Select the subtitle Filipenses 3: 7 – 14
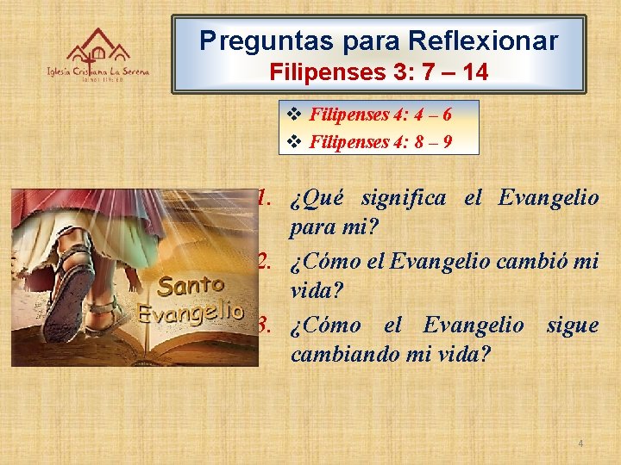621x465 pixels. (379, 73)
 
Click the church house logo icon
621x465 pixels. (98, 46)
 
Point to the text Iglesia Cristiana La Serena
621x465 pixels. (97, 73)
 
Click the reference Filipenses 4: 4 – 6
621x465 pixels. (380, 114)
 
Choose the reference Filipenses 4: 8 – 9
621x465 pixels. (380, 141)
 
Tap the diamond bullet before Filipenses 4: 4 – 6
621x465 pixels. (292, 114)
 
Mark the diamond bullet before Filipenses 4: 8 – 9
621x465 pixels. (292, 141)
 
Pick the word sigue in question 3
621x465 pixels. (572, 325)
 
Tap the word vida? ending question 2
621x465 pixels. (317, 291)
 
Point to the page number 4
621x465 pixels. (580, 443)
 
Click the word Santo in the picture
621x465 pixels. (191, 285)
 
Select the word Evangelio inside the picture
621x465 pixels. (190, 312)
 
